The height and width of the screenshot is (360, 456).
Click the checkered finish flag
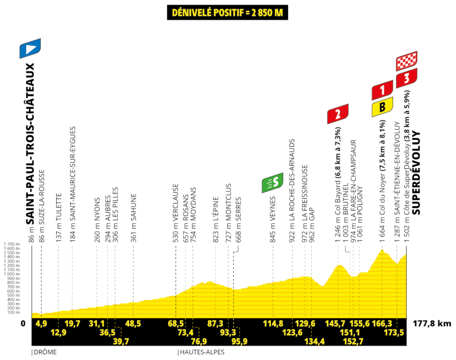click(x=406, y=61)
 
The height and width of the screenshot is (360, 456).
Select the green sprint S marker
click(x=273, y=182)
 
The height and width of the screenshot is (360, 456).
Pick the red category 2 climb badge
click(x=338, y=114)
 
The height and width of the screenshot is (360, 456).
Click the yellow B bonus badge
click(x=382, y=106)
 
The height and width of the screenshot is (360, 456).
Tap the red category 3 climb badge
click(x=406, y=78)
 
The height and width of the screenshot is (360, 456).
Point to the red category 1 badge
click(x=382, y=90)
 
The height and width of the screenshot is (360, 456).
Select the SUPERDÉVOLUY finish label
click(x=416, y=173)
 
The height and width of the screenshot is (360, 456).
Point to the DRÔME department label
click(x=45, y=352)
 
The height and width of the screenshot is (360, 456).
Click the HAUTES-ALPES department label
click(x=201, y=352)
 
